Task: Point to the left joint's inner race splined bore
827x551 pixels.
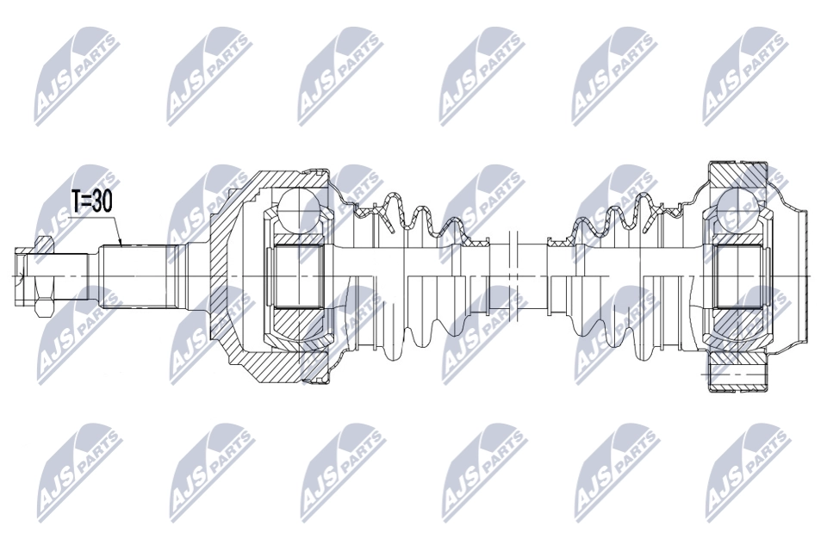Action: (298, 275)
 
